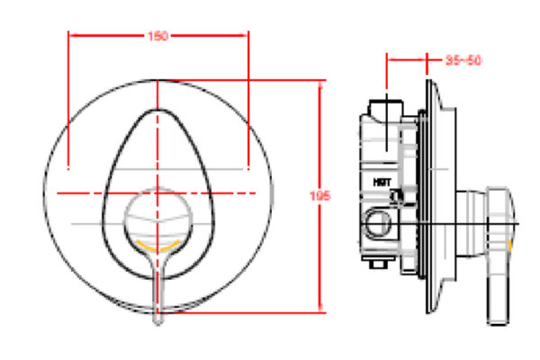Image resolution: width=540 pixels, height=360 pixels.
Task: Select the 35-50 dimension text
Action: point(464,60)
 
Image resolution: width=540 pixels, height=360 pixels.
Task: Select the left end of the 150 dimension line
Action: point(70,36)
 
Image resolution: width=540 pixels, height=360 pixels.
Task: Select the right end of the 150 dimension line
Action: point(248,36)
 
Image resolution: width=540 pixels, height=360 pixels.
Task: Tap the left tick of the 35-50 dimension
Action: point(387,60)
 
